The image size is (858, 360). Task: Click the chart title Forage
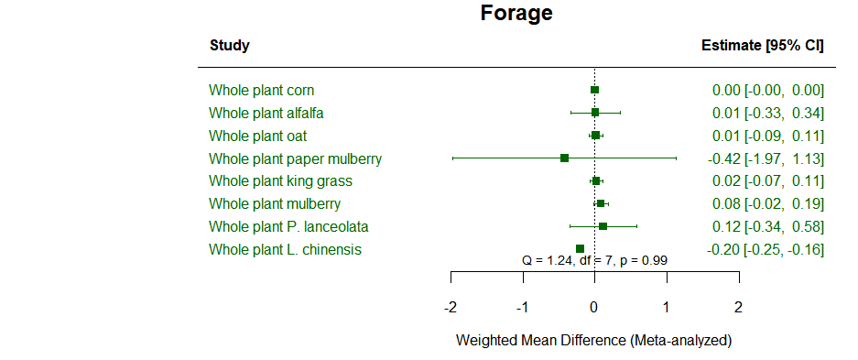pyautogui.click(x=516, y=14)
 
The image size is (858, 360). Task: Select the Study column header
pyautogui.click(x=229, y=46)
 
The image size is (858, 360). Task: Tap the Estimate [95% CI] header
pyautogui.click(x=762, y=46)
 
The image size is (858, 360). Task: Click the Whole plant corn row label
pyautogui.click(x=261, y=90)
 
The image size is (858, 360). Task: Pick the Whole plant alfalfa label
pyautogui.click(x=266, y=113)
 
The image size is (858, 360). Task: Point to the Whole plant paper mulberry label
pyautogui.click(x=295, y=158)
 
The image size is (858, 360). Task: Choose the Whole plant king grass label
pyautogui.click(x=280, y=181)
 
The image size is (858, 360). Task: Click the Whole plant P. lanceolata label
pyautogui.click(x=288, y=226)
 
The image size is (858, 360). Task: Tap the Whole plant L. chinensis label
pyautogui.click(x=285, y=249)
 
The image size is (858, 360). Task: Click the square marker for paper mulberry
pyautogui.click(x=564, y=158)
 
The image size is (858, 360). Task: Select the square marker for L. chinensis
pyautogui.click(x=580, y=248)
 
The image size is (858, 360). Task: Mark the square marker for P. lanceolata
pyautogui.click(x=603, y=226)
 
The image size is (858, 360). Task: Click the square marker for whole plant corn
pyautogui.click(x=594, y=90)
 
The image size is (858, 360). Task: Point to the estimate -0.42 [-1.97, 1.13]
pyautogui.click(x=766, y=158)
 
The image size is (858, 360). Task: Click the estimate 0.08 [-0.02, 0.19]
pyautogui.click(x=768, y=203)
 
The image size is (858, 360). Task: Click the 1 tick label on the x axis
pyautogui.click(x=666, y=306)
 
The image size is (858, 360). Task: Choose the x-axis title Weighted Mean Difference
pyautogui.click(x=593, y=341)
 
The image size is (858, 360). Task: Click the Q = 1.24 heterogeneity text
pyautogui.click(x=594, y=260)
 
